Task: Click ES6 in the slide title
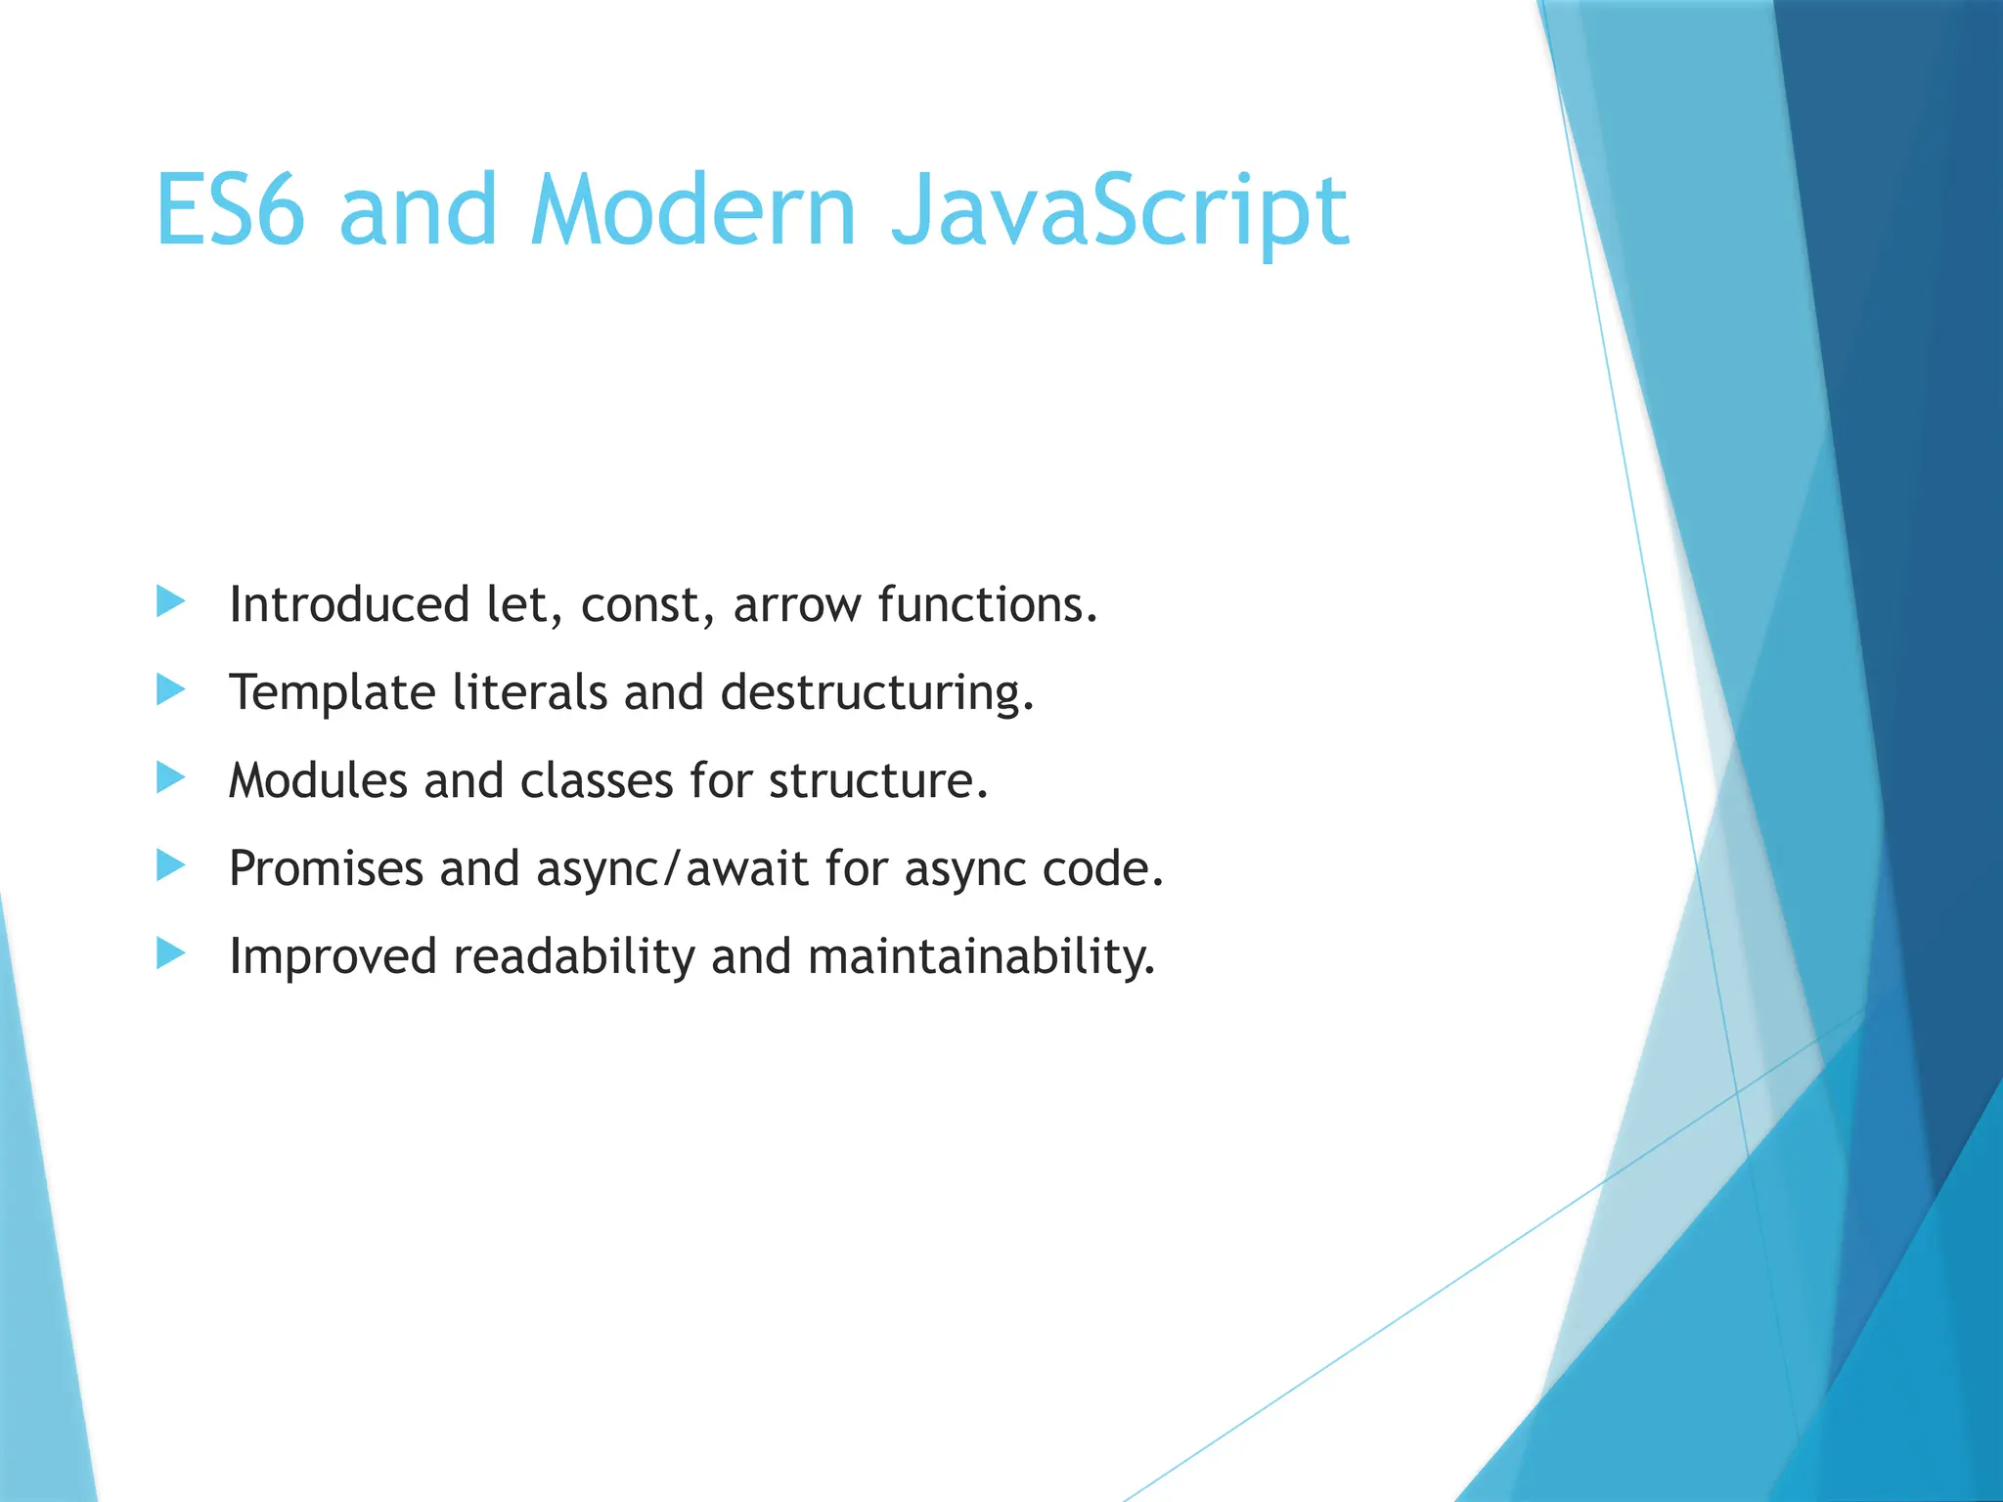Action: [x=230, y=210]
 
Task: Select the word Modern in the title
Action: [x=692, y=210]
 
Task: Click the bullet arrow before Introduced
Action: [x=170, y=602]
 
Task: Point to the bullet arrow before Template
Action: [x=170, y=690]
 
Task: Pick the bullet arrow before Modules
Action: [x=170, y=778]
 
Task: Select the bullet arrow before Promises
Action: [x=170, y=865]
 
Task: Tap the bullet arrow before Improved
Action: [x=170, y=953]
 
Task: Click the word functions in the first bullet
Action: [x=987, y=605]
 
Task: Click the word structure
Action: [x=877, y=781]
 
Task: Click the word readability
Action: [x=573, y=957]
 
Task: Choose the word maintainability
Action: [x=981, y=957]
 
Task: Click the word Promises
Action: [x=326, y=869]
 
